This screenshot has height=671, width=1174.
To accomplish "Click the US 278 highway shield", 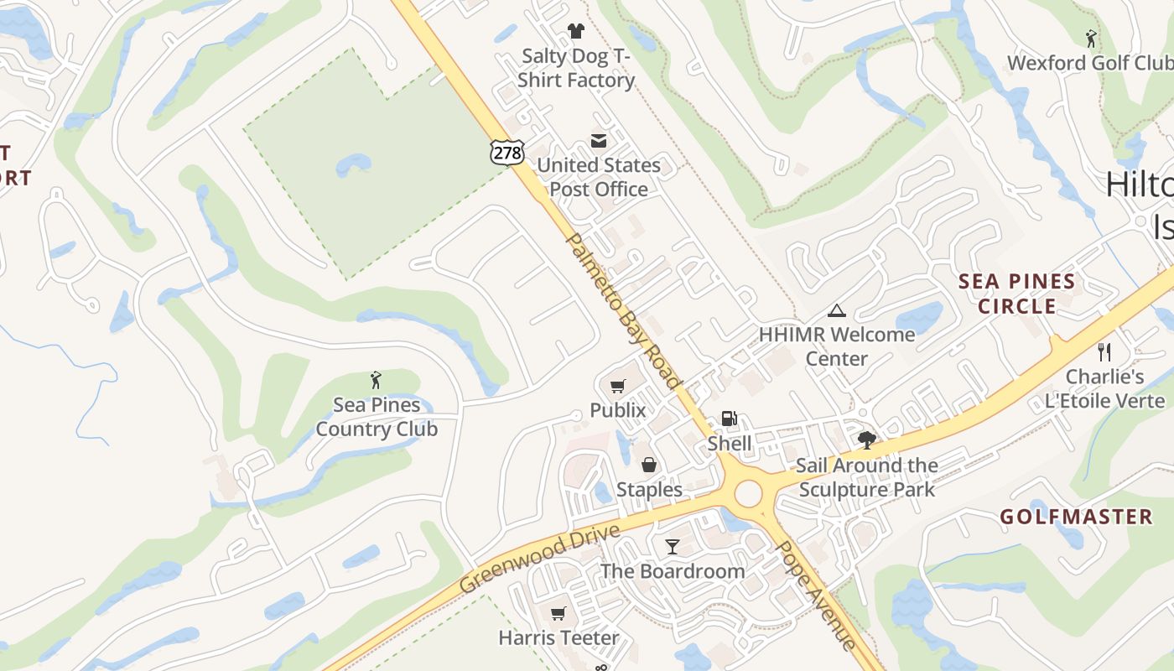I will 508,151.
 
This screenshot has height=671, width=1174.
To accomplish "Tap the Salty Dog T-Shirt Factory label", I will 576,68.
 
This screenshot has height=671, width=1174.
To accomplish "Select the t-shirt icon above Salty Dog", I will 575,32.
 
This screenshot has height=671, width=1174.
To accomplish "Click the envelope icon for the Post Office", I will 599,141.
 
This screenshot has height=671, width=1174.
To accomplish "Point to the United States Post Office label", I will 599,177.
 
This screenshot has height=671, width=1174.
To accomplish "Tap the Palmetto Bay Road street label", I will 624,311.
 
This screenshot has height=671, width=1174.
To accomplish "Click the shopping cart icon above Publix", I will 618,386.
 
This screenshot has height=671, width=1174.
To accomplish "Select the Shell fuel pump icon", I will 730,419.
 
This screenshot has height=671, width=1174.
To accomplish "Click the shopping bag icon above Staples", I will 649,465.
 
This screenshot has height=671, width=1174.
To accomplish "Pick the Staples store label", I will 649,489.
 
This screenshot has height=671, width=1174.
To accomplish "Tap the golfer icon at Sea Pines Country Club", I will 376,380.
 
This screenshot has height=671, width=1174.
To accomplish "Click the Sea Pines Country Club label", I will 377,417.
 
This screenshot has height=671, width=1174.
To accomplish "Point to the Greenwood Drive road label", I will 541,559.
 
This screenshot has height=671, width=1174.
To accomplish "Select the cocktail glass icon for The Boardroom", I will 673,547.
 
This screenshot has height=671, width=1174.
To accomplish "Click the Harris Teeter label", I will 558,637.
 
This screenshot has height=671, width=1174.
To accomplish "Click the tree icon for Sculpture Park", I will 866,440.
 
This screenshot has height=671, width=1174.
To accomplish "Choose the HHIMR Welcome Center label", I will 837,346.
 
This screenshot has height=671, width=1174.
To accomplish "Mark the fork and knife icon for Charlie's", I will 1104,352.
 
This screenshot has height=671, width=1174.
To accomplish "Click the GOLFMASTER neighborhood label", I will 1077,517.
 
